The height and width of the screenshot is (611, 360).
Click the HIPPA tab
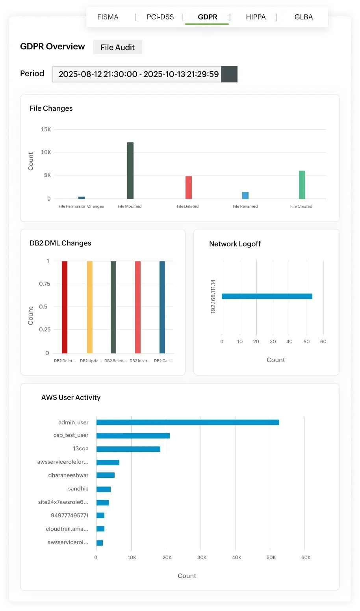pyautogui.click(x=256, y=17)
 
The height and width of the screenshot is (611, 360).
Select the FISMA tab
pyautogui.click(x=108, y=17)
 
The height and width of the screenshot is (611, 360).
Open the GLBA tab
pyautogui.click(x=303, y=17)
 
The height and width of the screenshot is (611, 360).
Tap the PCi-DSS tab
pyautogui.click(x=160, y=17)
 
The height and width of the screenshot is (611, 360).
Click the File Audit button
pyautogui.click(x=117, y=47)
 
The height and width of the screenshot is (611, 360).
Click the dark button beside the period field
pyautogui.click(x=229, y=74)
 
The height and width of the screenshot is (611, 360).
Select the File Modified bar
pyautogui.click(x=130, y=171)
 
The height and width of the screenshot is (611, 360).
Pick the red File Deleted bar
pyautogui.click(x=189, y=188)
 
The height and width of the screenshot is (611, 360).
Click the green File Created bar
pyautogui.click(x=302, y=185)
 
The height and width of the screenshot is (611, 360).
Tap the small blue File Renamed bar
pyautogui.click(x=245, y=195)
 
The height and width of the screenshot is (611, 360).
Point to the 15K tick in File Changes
pyautogui.click(x=46, y=130)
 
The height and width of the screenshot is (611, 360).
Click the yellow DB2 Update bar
pyautogui.click(x=90, y=307)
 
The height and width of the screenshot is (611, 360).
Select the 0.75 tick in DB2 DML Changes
pyautogui.click(x=45, y=284)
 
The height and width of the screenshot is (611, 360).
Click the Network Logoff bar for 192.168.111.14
pyautogui.click(x=267, y=296)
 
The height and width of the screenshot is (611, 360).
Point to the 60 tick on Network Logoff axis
pyautogui.click(x=323, y=342)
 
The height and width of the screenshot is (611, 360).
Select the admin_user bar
pyautogui.click(x=187, y=422)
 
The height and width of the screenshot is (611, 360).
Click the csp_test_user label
pyautogui.click(x=71, y=435)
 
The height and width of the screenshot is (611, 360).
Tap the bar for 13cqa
pyautogui.click(x=128, y=449)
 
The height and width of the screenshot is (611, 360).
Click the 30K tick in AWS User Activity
pyautogui.click(x=202, y=557)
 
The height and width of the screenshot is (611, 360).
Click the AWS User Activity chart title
pyautogui.click(x=71, y=397)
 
